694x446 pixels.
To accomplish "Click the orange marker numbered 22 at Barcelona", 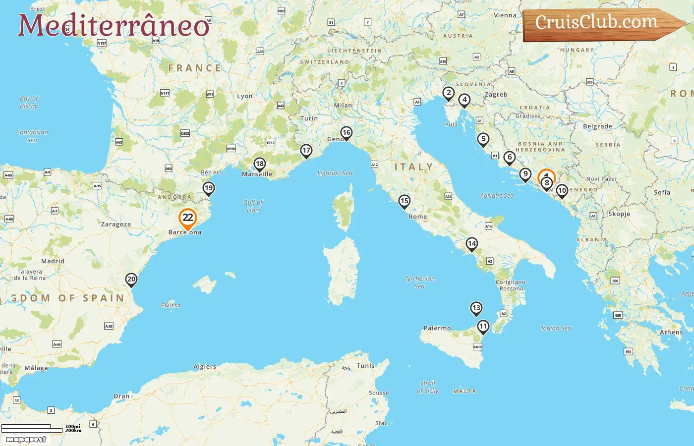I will pyautogui.click(x=188, y=218).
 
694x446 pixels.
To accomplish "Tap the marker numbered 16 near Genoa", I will pyautogui.click(x=346, y=133).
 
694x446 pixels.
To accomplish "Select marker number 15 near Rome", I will pyautogui.click(x=405, y=201).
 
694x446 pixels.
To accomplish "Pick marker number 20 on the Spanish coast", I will pyautogui.click(x=131, y=279).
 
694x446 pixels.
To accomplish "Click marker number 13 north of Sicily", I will pyautogui.click(x=476, y=308).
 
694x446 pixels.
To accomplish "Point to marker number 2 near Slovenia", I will pyautogui.click(x=449, y=93).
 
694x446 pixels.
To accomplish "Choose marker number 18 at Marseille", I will pyautogui.click(x=259, y=164).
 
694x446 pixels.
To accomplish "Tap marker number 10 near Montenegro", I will pyautogui.click(x=562, y=191).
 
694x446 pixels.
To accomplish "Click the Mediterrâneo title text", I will pyautogui.click(x=114, y=25).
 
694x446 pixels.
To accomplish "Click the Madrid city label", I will pyautogui.click(x=53, y=261).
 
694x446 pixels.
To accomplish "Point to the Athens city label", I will pyautogui.click(x=671, y=333).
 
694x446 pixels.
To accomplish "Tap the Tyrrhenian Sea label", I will pyautogui.click(x=419, y=282).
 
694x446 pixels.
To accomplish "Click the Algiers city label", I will pyautogui.click(x=205, y=367).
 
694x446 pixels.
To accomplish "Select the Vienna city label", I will pyautogui.click(x=505, y=15).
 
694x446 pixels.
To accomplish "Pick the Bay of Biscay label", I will pyautogui.click(x=29, y=102).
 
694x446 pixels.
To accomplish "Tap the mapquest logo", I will pyautogui.click(x=26, y=440).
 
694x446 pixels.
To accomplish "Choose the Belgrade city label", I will pyautogui.click(x=597, y=126).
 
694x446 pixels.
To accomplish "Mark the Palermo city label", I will pyautogui.click(x=437, y=328).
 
